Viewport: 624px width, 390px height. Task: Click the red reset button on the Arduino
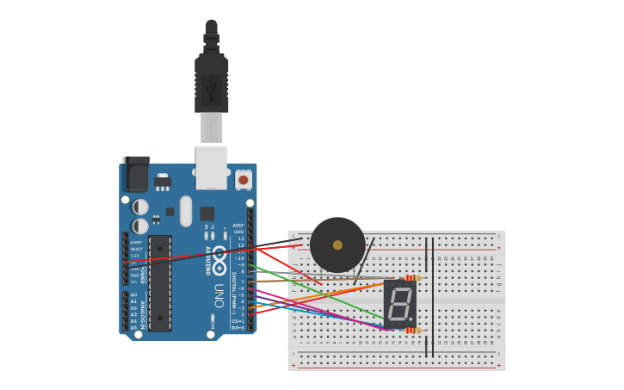(244, 180)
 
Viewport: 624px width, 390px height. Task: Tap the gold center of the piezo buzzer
(337, 245)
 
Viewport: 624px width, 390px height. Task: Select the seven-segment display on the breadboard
(399, 303)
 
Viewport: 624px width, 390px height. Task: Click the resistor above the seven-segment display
(413, 278)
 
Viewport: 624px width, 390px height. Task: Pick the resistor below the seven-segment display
(413, 331)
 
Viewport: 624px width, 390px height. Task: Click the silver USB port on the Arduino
(212, 167)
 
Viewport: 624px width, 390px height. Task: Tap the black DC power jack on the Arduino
(135, 174)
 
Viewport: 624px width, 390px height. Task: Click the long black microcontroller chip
(160, 283)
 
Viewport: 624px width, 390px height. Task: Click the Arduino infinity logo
(219, 259)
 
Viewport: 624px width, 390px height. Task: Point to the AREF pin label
(238, 226)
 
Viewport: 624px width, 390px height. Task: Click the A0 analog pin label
(133, 294)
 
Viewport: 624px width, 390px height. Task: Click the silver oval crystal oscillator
(186, 210)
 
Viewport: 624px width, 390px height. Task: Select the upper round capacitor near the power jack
(140, 207)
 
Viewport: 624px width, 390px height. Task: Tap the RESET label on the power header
(137, 249)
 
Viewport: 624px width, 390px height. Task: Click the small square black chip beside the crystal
(207, 214)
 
